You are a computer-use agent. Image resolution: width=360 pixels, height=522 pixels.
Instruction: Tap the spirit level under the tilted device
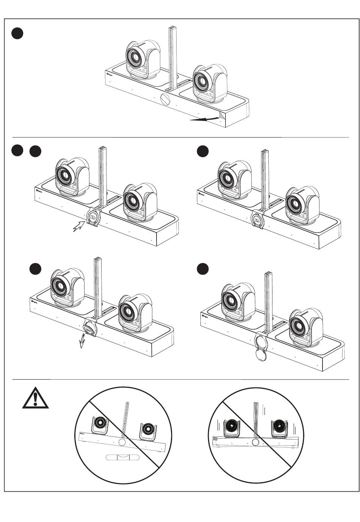coord(122,458)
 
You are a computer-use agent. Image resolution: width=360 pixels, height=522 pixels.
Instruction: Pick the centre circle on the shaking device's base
coord(256,442)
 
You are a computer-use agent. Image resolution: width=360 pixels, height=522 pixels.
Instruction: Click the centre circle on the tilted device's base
coord(122,442)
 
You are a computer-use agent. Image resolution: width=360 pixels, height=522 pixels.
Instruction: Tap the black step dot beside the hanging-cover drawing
coord(203,269)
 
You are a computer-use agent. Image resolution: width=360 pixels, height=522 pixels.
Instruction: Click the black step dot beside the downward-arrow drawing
coord(35,269)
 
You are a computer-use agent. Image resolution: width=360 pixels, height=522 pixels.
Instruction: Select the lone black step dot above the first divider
coord(17,33)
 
